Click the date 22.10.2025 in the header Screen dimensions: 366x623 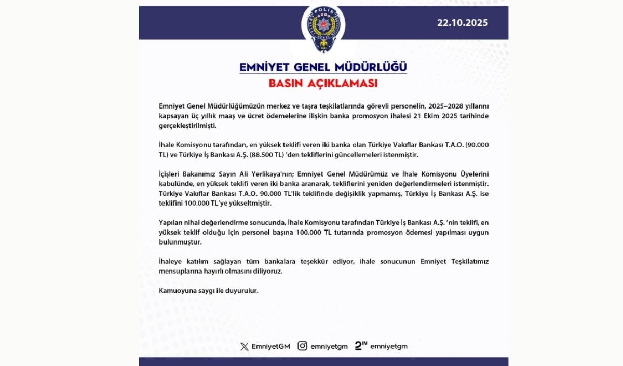pos(463,23)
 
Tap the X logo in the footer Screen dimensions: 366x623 pos(245,347)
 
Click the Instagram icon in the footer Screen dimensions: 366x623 pos(302,346)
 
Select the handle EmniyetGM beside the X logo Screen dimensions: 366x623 pos(270,347)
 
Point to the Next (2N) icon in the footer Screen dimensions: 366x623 pos(361,346)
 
